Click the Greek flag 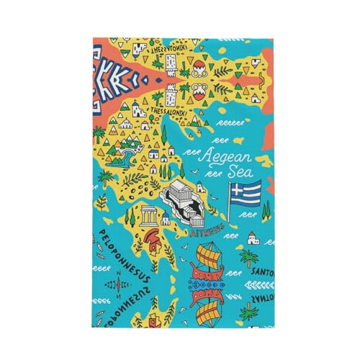coord(247,192)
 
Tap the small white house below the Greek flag coord(253,239)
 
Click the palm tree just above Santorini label coord(249,257)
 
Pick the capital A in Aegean coord(207,156)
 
